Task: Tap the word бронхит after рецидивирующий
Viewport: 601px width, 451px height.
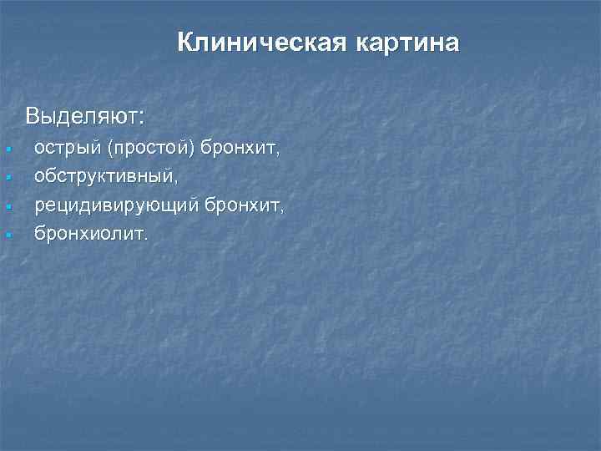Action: tap(242, 205)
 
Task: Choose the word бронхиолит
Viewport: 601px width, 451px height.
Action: tap(89, 233)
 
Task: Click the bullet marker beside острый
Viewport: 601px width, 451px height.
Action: tap(7, 150)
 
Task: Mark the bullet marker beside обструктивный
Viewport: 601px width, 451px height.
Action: tap(7, 179)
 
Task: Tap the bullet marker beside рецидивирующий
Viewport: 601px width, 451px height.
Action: tap(7, 206)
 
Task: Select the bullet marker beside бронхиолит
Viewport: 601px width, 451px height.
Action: tap(7, 235)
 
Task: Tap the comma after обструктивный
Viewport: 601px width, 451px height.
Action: tap(174, 182)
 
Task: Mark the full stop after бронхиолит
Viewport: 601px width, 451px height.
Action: tap(147, 237)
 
